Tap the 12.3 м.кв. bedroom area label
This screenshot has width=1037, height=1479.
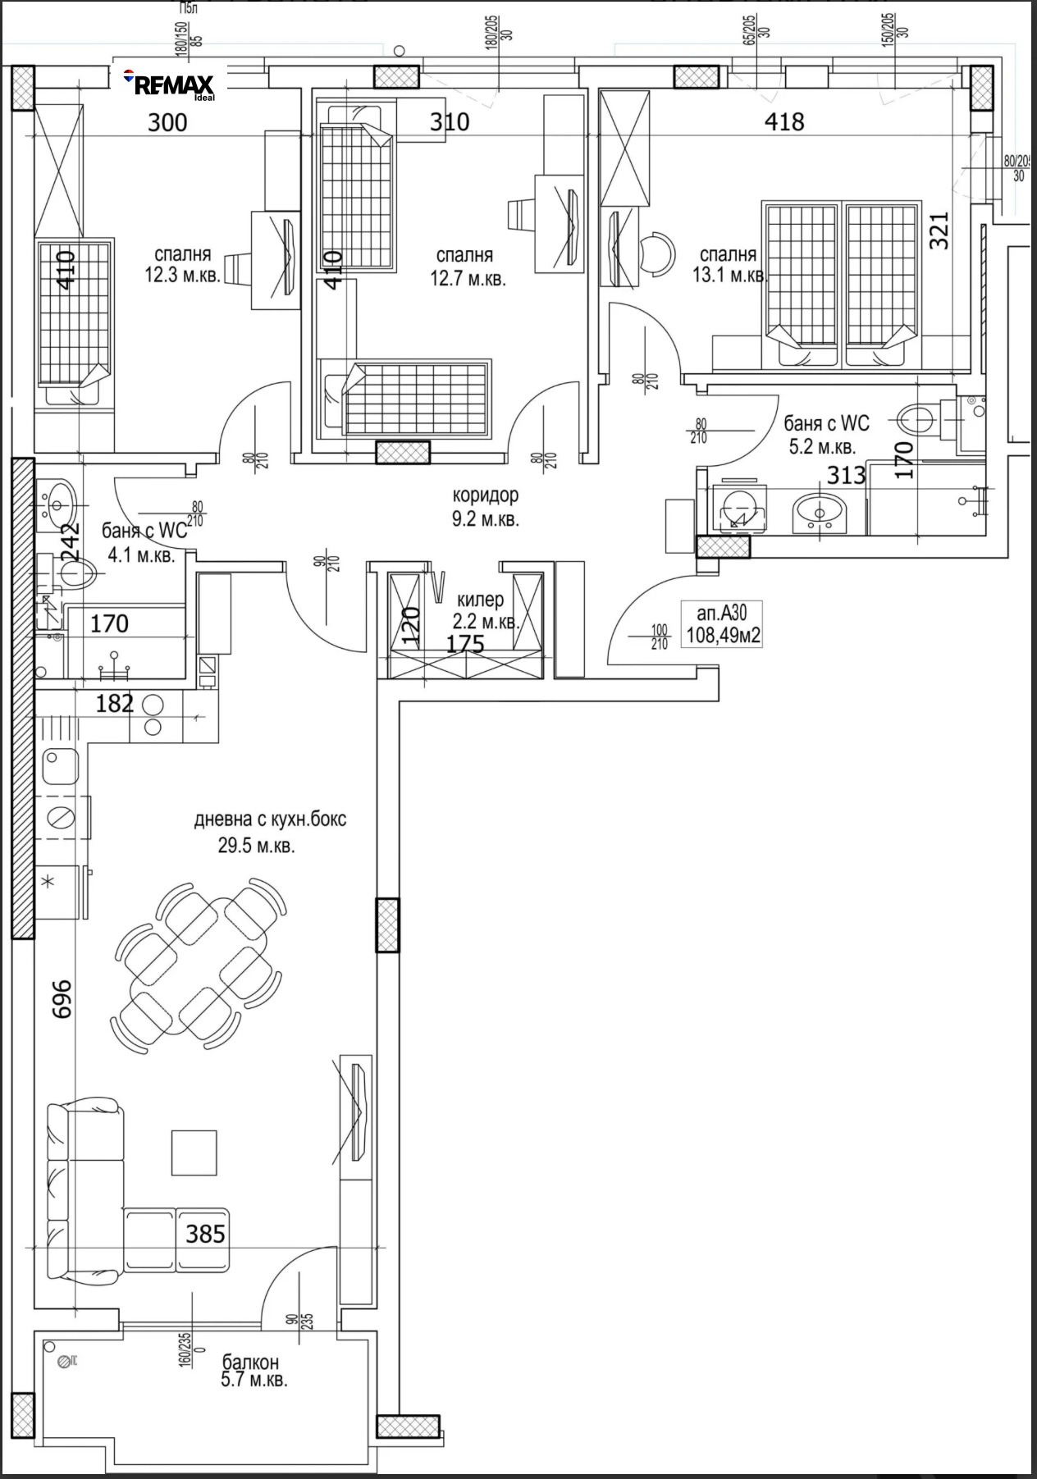[x=182, y=265]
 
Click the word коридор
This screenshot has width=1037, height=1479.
[x=486, y=495]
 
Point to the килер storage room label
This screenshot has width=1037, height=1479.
[x=480, y=601]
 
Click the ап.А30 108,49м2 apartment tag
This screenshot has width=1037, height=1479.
[x=721, y=623]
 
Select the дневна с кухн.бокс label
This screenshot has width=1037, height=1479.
[x=270, y=819]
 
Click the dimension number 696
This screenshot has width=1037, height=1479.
[x=62, y=998]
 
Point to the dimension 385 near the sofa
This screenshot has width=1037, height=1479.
[x=204, y=1234]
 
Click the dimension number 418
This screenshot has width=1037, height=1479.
[x=783, y=122]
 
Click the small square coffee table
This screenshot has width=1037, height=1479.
[x=194, y=1152]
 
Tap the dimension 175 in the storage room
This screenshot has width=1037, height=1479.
[x=464, y=644]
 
